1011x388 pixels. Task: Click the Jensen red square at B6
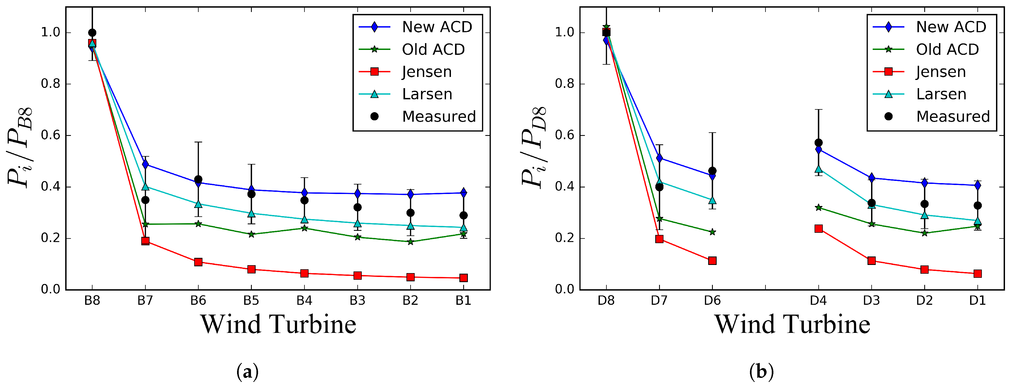[198, 262]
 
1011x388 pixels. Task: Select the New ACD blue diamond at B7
[145, 164]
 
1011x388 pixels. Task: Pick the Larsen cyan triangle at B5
[252, 214]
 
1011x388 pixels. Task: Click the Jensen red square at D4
[818, 229]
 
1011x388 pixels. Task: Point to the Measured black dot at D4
[818, 142]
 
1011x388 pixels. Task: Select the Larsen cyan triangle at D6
[712, 201]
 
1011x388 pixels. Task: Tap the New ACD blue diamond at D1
[977, 185]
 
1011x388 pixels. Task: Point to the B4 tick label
[304, 301]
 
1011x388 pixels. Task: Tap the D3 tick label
[871, 301]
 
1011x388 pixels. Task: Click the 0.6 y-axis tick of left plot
[51, 136]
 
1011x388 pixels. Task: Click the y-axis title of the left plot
[20, 147]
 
